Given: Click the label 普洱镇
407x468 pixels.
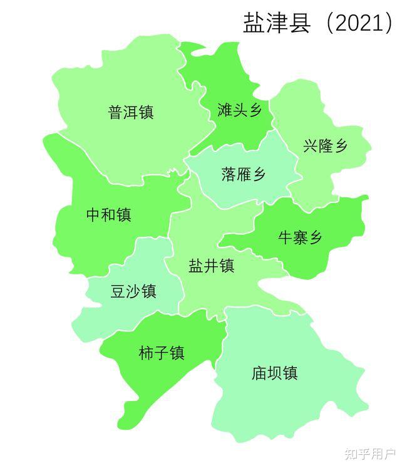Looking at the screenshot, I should pyautogui.click(x=131, y=113).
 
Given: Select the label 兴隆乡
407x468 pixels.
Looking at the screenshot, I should pyautogui.click(x=325, y=147).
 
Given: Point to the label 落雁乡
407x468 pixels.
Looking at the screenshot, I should pyautogui.click(x=244, y=174).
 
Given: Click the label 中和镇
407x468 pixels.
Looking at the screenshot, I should pyautogui.click(x=108, y=215).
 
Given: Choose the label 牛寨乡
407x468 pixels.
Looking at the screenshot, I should pyautogui.click(x=300, y=237).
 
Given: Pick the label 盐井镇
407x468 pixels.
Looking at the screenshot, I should pyautogui.click(x=211, y=266).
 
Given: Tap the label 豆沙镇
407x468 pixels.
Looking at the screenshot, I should pyautogui.click(x=133, y=291).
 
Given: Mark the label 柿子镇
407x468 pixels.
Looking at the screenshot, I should pyautogui.click(x=162, y=353).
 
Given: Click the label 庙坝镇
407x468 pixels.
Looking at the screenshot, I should pyautogui.click(x=274, y=373).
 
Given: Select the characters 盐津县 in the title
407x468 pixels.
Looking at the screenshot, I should pyautogui.click(x=276, y=23).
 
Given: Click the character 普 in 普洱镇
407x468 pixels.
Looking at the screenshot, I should pyautogui.click(x=116, y=113).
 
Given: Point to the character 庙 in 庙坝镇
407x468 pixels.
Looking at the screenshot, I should pyautogui.click(x=259, y=373).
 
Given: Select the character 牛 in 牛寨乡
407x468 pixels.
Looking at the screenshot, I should pyautogui.click(x=285, y=237).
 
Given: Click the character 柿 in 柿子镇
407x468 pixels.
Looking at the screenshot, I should pyautogui.click(x=147, y=353).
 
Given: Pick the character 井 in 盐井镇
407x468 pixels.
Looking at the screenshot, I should pyautogui.click(x=211, y=266).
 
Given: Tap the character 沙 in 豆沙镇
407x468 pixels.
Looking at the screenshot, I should pyautogui.click(x=133, y=291).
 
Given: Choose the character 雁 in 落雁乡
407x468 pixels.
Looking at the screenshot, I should pyautogui.click(x=244, y=174).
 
